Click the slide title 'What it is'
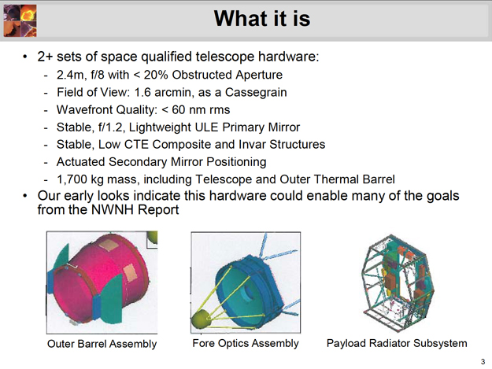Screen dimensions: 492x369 coord(262,19)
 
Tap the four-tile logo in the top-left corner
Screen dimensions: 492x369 coord(20,20)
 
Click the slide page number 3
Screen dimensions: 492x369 coord(483,361)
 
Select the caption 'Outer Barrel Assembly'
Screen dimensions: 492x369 coord(102,344)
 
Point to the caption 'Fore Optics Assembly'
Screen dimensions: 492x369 coord(246,343)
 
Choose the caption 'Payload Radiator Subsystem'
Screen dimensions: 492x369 coord(397,343)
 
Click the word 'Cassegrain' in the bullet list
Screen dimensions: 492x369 coord(256,93)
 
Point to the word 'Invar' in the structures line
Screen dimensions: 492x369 coord(252,145)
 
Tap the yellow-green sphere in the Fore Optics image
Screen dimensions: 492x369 coord(202,319)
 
